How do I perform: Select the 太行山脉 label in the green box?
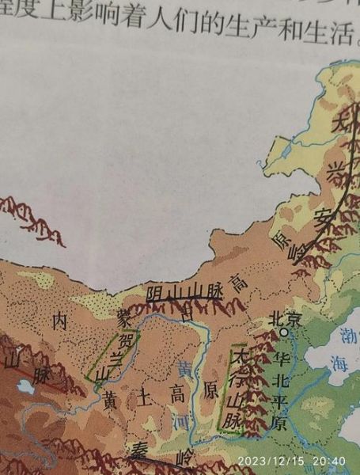[x=233, y=387]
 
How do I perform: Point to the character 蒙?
[x=123, y=319]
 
